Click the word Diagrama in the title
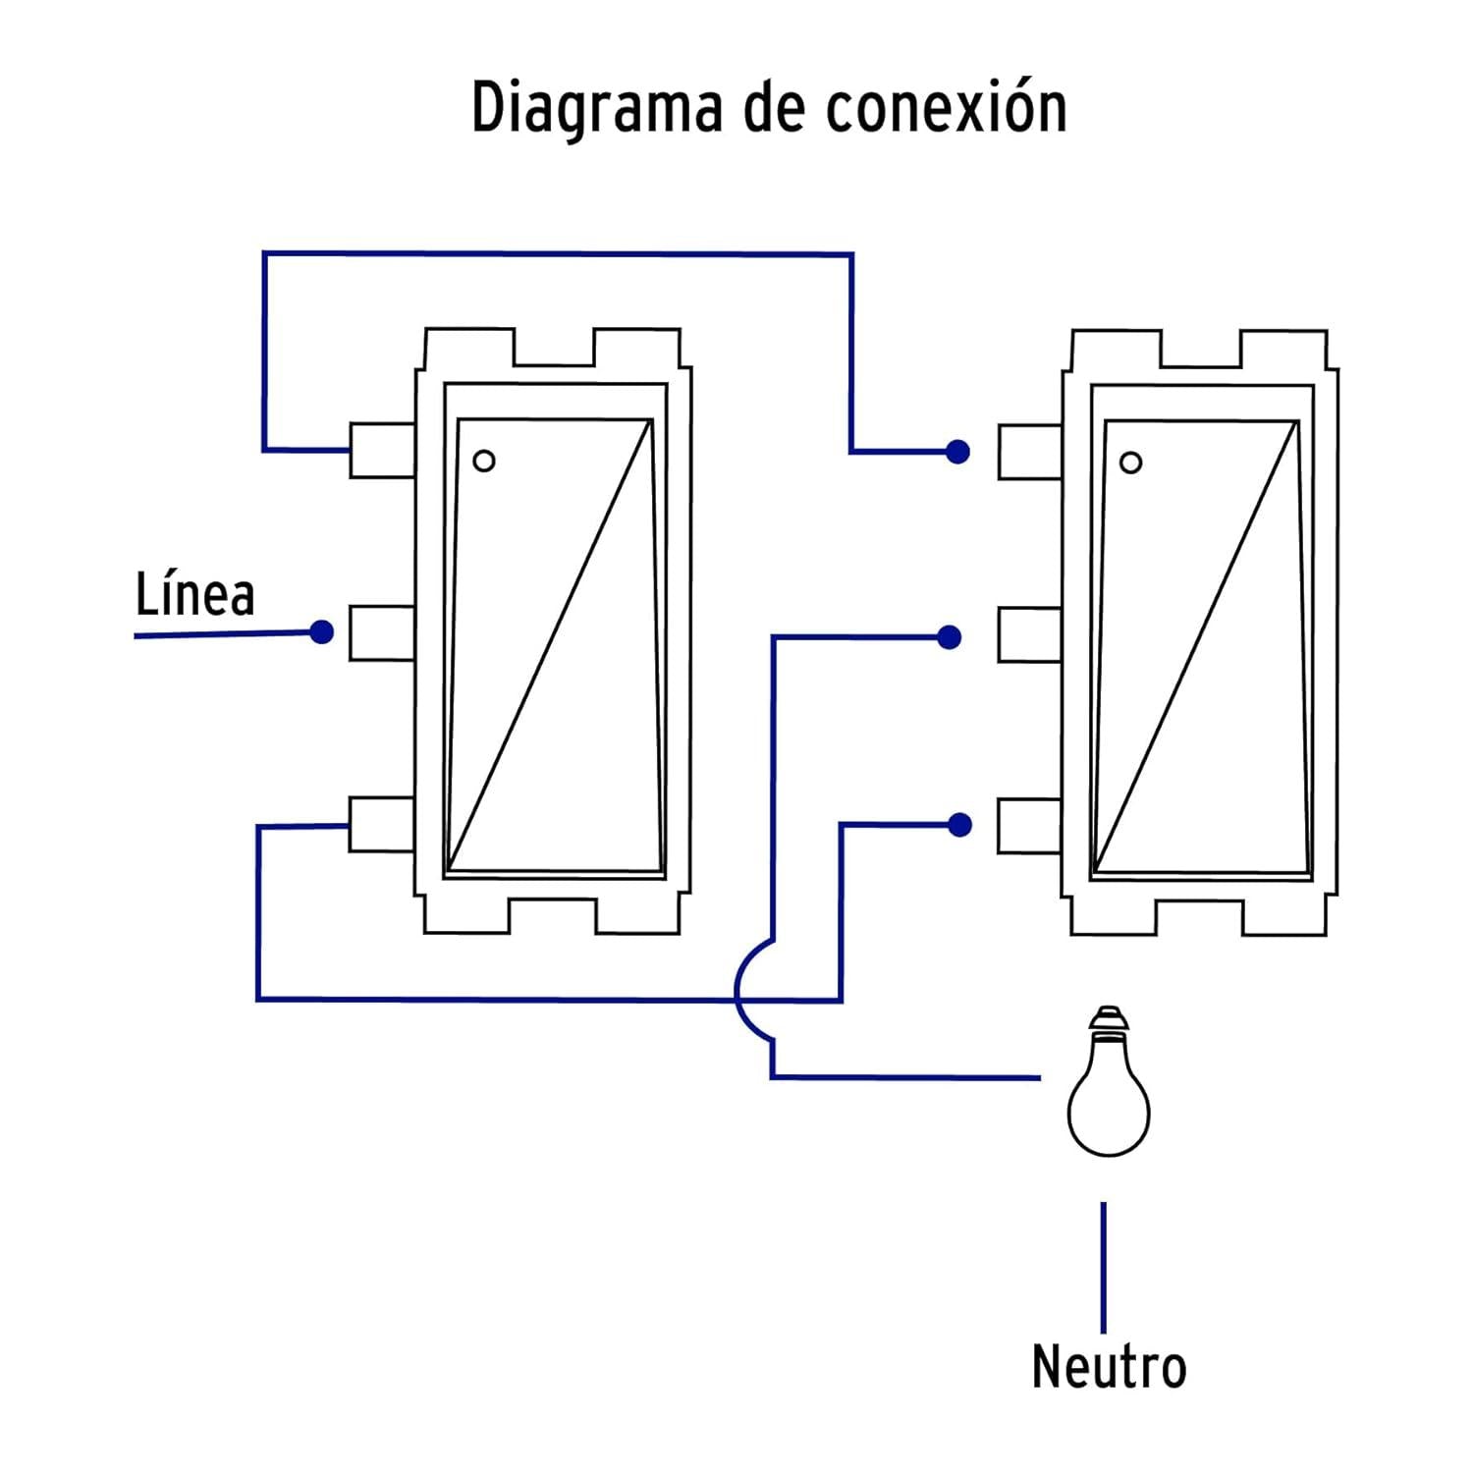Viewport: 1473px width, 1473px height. tap(598, 109)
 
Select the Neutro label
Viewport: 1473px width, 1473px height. tap(1109, 1366)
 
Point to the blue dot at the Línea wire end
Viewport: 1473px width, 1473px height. tap(321, 631)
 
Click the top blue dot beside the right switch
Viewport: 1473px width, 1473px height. tap(957, 452)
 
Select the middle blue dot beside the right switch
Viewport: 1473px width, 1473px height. tap(949, 637)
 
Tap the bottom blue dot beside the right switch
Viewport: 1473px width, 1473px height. tap(959, 825)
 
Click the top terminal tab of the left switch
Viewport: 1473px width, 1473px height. tap(382, 451)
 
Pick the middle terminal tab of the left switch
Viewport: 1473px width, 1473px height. tap(382, 633)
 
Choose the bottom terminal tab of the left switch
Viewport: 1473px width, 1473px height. tap(382, 824)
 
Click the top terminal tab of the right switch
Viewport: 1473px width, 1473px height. tap(1030, 452)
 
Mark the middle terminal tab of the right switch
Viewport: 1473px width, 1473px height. tap(1030, 634)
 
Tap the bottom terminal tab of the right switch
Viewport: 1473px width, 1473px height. tap(1030, 826)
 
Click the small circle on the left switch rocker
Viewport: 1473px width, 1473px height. tap(484, 461)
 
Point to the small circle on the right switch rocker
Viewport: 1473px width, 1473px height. tap(1131, 463)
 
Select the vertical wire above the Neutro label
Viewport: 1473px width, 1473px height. tap(1104, 1267)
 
